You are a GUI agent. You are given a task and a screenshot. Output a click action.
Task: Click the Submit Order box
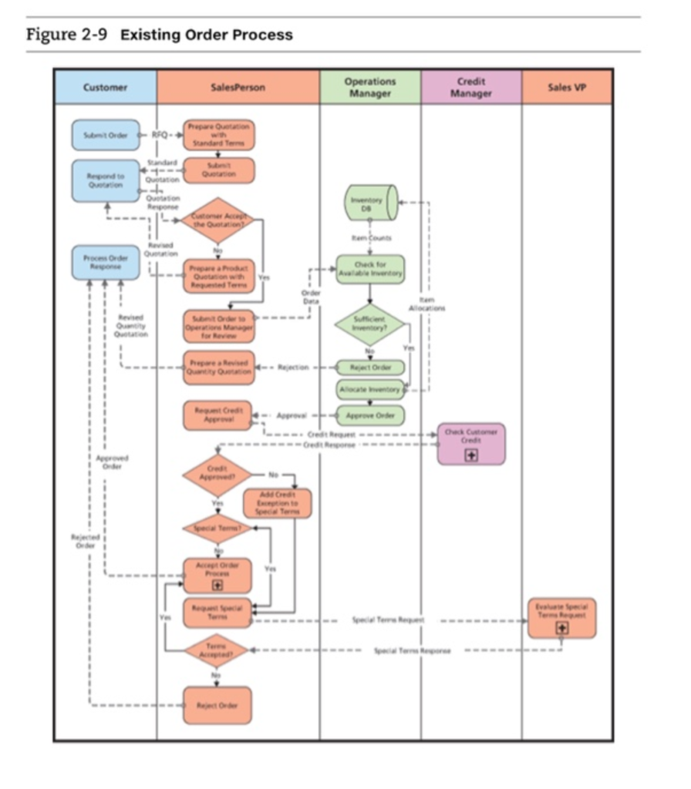tap(106, 135)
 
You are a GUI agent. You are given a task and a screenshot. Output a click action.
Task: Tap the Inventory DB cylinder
tap(371, 203)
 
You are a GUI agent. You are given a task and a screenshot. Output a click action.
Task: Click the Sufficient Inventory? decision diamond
tap(370, 324)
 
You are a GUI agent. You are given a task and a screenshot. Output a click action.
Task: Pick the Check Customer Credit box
tap(471, 443)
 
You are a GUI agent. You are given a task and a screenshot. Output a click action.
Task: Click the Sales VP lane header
tap(567, 87)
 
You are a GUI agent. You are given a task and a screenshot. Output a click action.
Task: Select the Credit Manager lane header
tap(471, 87)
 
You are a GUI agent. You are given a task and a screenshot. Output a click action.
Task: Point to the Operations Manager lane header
tap(370, 87)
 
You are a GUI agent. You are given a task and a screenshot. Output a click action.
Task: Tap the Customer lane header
tap(106, 87)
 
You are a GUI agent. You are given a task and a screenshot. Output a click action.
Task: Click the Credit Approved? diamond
tap(217, 475)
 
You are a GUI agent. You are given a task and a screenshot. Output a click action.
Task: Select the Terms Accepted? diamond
tap(217, 651)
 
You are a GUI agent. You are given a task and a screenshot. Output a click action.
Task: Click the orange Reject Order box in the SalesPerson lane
tap(217, 705)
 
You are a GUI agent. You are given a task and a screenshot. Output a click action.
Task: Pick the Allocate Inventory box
tap(370, 390)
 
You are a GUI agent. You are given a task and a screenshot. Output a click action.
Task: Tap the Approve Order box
tap(370, 415)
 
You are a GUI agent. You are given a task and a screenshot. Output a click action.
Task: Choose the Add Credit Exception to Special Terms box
tap(278, 503)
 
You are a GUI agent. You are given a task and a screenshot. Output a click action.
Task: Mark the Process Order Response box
tap(106, 262)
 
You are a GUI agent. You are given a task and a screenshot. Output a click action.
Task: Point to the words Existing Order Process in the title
tap(207, 35)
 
